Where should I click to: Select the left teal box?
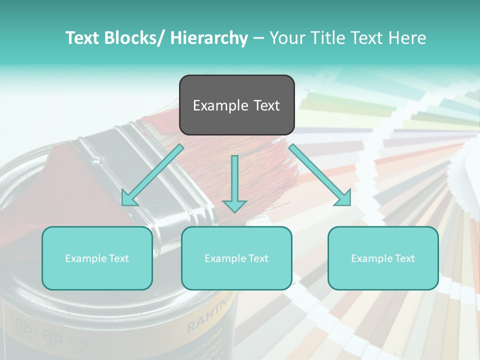(97, 258)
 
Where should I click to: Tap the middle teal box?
(236, 258)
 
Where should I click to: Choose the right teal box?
(383, 258)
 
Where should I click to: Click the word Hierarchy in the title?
(209, 38)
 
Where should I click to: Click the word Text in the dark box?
(266, 105)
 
